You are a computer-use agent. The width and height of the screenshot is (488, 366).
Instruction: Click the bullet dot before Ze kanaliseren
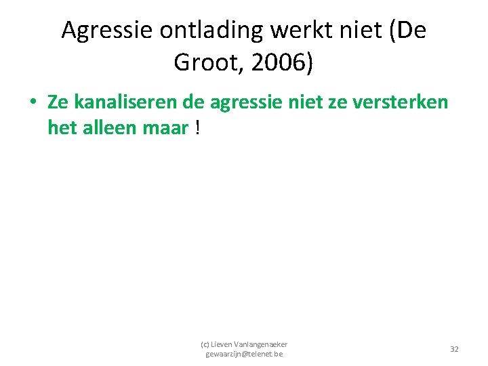pos(33,103)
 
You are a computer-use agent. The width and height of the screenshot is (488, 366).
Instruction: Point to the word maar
pos(165,127)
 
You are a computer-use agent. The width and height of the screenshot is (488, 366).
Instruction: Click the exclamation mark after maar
pos(197,127)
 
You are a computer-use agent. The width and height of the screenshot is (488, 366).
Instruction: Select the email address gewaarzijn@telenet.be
pos(244,354)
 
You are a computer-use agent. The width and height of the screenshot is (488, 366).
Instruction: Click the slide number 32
pos(454,348)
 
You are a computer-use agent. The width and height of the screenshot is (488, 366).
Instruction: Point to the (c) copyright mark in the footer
pos(204,344)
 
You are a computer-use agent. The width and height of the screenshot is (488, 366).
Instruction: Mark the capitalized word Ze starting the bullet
pos(58,102)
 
